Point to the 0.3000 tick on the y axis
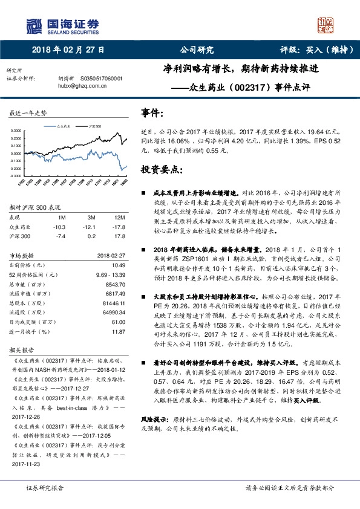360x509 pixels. [17, 130]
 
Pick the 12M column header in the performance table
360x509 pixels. [119, 217]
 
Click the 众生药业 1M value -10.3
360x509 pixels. [59, 227]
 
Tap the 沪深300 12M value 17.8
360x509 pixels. [119, 236]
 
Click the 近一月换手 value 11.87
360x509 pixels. [119, 332]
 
